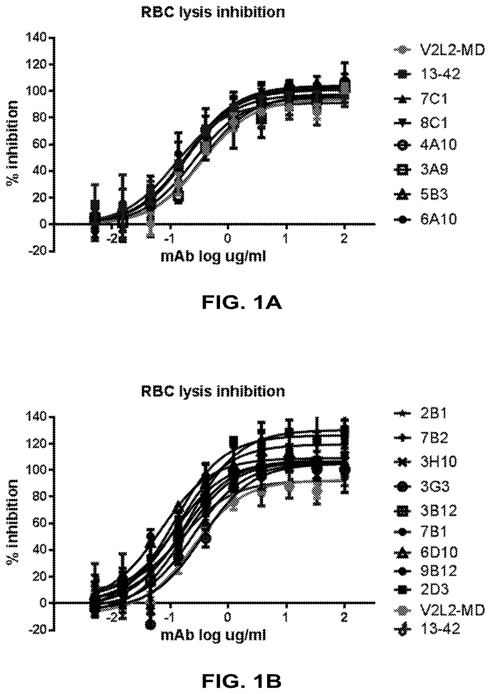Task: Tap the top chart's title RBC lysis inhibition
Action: (213, 13)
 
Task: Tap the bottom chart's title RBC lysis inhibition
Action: (213, 391)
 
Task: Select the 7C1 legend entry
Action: (421, 99)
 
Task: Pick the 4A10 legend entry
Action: (425, 146)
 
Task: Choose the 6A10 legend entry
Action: (425, 219)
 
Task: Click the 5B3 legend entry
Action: (421, 194)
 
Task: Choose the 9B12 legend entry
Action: (425, 571)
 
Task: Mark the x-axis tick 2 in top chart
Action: (344, 239)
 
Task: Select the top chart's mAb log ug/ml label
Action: (213, 257)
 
